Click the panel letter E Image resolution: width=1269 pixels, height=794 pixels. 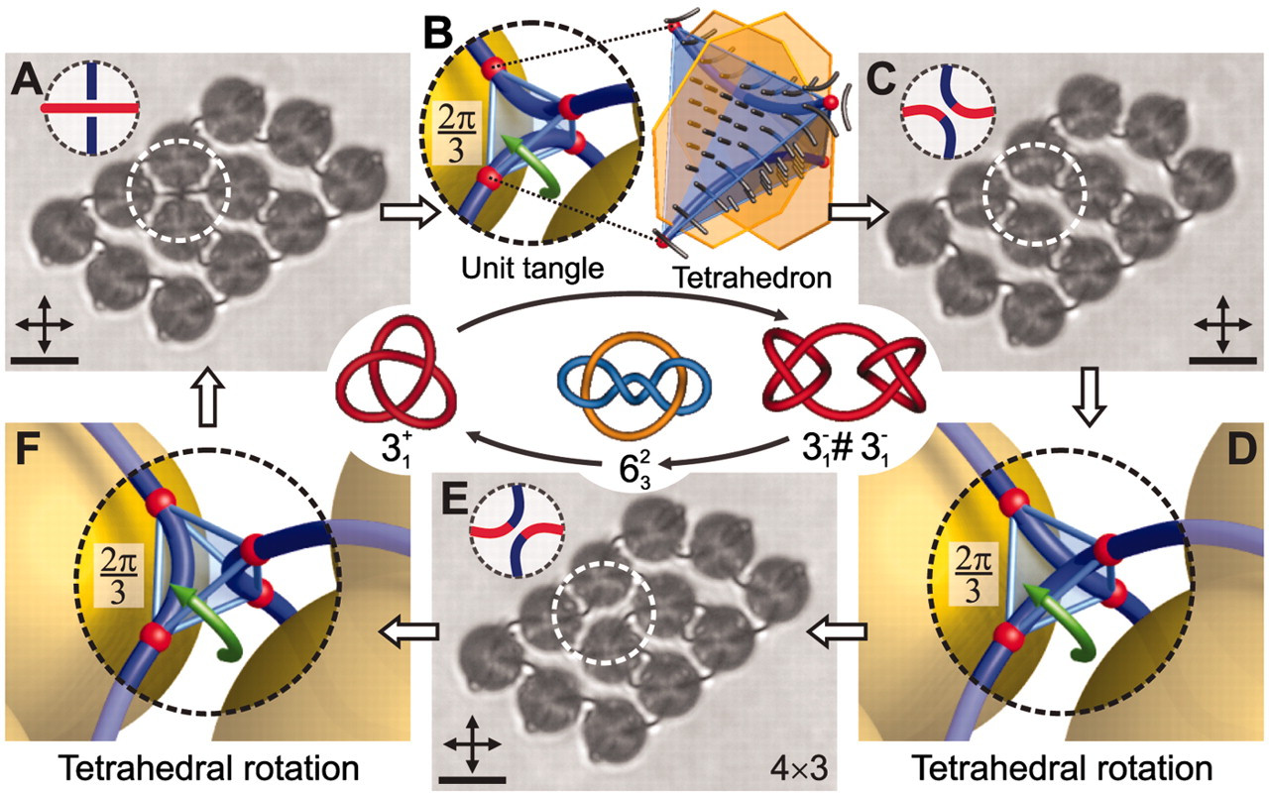[454, 500]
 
